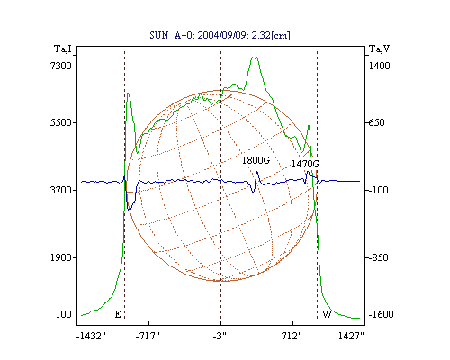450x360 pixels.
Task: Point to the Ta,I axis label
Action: coord(63,49)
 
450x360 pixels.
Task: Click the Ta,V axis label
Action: coord(380,49)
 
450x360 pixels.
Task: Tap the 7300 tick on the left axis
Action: coord(61,66)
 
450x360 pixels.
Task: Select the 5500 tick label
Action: coord(61,122)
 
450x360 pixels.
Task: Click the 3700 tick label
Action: coord(61,190)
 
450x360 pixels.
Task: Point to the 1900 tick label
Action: coord(61,257)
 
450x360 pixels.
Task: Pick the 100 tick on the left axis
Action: coord(64,314)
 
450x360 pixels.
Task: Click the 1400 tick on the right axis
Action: coord(379,66)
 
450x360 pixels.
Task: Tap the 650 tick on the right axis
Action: coord(376,122)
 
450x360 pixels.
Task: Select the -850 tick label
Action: coord(378,257)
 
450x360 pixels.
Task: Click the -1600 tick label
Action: coord(381,314)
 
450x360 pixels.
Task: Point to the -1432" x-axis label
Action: coord(91,336)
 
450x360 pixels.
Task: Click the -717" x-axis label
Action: coord(148,336)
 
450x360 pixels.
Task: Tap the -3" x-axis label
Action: coord(220,336)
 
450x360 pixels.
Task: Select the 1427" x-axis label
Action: coord(351,336)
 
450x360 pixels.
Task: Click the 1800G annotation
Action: coord(256,160)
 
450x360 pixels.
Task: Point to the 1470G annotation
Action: coord(305,164)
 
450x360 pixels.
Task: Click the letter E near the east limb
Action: coord(118,314)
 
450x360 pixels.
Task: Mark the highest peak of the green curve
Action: coord(255,57)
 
